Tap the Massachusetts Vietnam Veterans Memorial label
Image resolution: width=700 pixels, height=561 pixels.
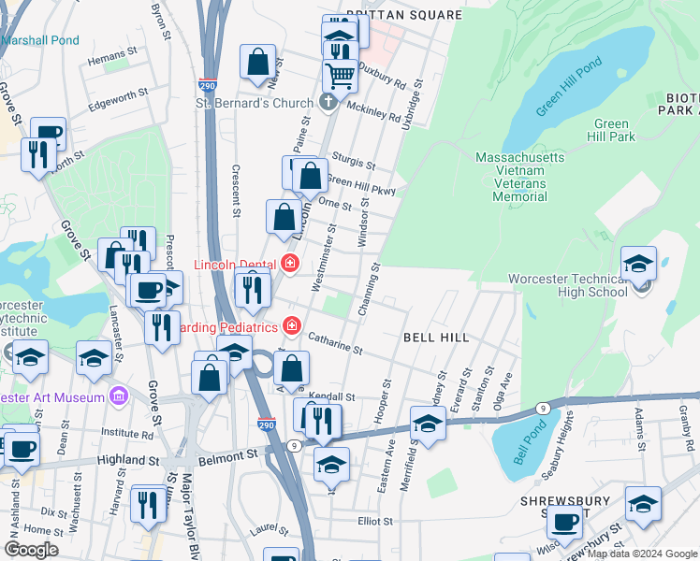pyautogui.click(x=519, y=177)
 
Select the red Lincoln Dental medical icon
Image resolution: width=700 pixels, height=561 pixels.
pyautogui.click(x=289, y=265)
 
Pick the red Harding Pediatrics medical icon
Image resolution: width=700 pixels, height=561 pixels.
pyautogui.click(x=292, y=326)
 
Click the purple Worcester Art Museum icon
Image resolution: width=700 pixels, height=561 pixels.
pyautogui.click(x=117, y=397)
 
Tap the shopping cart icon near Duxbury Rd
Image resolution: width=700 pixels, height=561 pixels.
pyautogui.click(x=340, y=74)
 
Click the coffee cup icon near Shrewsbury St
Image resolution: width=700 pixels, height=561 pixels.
pyautogui.click(x=564, y=524)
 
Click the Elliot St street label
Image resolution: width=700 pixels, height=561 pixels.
pyautogui.click(x=374, y=520)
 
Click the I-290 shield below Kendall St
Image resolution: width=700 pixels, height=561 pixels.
pyautogui.click(x=267, y=424)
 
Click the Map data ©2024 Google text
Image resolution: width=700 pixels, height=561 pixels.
pyautogui.click(x=642, y=554)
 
